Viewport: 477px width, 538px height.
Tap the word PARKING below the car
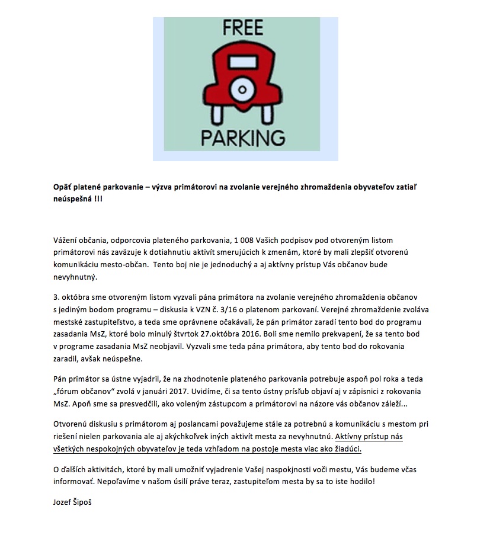[x=243, y=136]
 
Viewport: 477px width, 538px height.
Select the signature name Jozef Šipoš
[x=73, y=502]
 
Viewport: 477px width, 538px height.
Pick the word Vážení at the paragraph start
[x=66, y=239]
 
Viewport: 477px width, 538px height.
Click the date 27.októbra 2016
[x=269, y=334]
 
